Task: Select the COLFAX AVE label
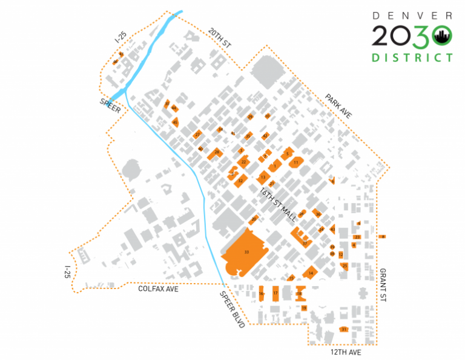tap(158, 289)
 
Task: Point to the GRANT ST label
tap(383, 285)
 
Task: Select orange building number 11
tap(295, 162)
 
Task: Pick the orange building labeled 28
tap(216, 152)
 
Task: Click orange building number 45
tap(175, 122)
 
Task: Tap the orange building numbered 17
tap(275, 293)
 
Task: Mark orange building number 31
tap(344, 330)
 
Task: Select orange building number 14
tap(311, 273)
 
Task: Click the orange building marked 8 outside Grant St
tap(382, 236)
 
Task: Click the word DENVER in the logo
tap(412, 15)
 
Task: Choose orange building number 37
tap(305, 243)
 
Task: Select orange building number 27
tap(197, 135)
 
